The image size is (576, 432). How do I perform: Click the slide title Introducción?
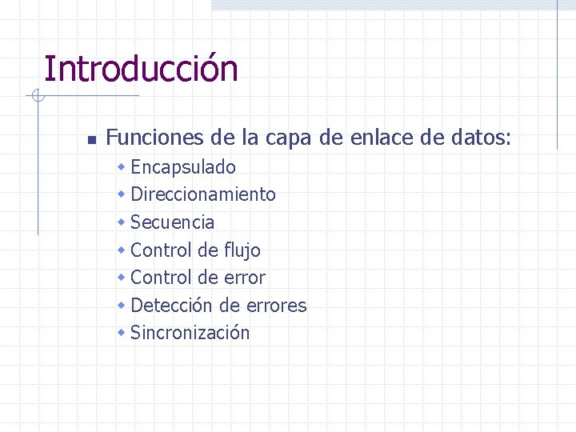141,69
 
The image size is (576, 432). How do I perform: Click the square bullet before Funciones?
91,140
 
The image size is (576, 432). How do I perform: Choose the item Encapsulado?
182,167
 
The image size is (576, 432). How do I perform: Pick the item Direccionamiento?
202,194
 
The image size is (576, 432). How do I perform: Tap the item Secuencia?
172,222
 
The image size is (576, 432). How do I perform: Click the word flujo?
242,250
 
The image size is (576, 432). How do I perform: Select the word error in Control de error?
245,278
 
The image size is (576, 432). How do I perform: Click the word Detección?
171,306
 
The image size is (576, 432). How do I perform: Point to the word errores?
274,306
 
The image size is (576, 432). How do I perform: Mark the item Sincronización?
190,333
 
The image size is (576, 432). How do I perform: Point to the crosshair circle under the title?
37,97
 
